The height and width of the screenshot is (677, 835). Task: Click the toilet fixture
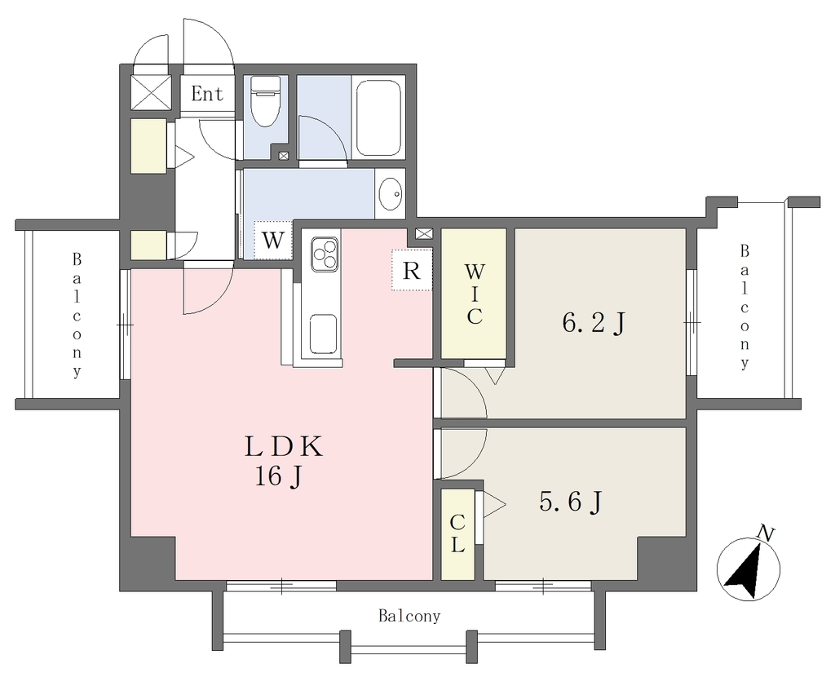(265, 100)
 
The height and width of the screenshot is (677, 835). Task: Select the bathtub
(378, 117)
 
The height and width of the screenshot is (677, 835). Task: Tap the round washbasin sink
(391, 194)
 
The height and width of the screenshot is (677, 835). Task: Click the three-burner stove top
(325, 254)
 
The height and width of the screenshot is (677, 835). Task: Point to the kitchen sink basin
(323, 334)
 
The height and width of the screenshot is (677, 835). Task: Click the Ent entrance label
(207, 95)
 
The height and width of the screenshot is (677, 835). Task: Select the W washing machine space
(272, 240)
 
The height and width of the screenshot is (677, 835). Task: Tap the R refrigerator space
(411, 270)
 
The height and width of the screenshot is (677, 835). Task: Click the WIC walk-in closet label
(474, 294)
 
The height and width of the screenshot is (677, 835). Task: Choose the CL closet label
(457, 534)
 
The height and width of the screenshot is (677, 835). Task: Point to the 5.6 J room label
(571, 502)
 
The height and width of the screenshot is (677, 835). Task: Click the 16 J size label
(279, 476)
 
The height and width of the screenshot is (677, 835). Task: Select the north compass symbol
(749, 567)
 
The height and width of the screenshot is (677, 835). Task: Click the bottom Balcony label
(409, 617)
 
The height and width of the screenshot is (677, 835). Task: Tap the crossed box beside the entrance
(152, 92)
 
